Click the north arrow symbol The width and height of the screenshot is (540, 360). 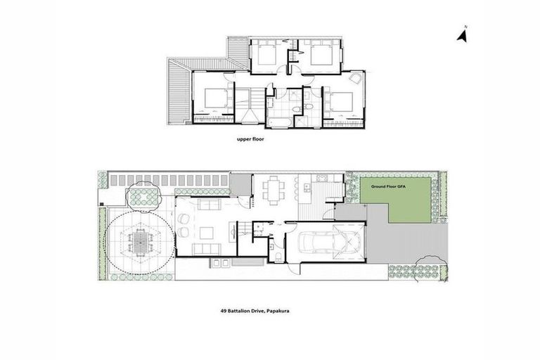(463, 34)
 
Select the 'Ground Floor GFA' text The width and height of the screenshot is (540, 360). (385, 186)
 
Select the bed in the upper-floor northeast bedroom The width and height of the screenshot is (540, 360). (320, 54)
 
